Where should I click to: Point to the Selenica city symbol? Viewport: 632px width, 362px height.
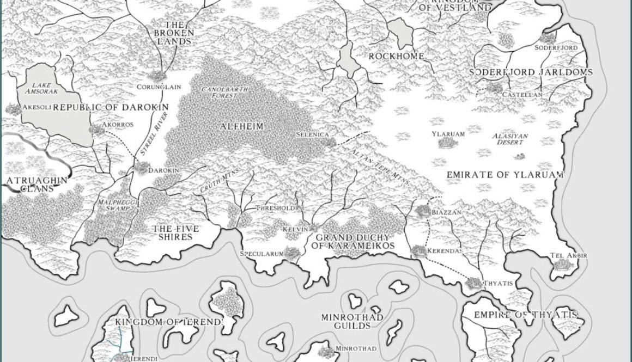[329, 142]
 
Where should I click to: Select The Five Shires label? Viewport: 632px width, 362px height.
[173, 232]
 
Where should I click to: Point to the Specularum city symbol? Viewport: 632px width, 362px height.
[291, 252]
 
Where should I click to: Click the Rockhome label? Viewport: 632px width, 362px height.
[397, 56]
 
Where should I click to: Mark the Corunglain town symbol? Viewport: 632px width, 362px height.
[157, 76]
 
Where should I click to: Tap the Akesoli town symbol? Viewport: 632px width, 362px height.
[12, 107]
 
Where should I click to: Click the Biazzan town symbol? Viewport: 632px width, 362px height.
[422, 210]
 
